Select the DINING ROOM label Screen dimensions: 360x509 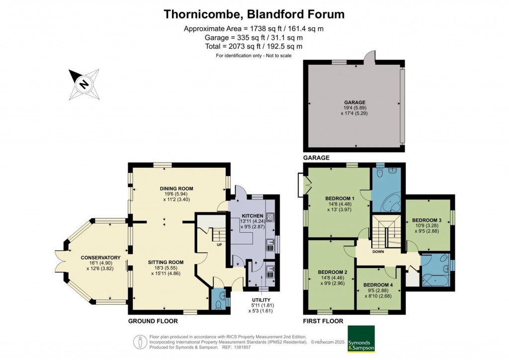tap(176, 188)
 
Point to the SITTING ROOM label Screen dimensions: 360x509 tap(166, 262)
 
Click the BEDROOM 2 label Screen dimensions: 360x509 tap(332, 271)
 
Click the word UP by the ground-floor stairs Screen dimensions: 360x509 tap(219, 245)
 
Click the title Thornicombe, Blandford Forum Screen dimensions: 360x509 tap(254, 14)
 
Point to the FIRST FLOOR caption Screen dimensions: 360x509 tap(323, 321)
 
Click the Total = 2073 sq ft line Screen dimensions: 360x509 tap(254, 46)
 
